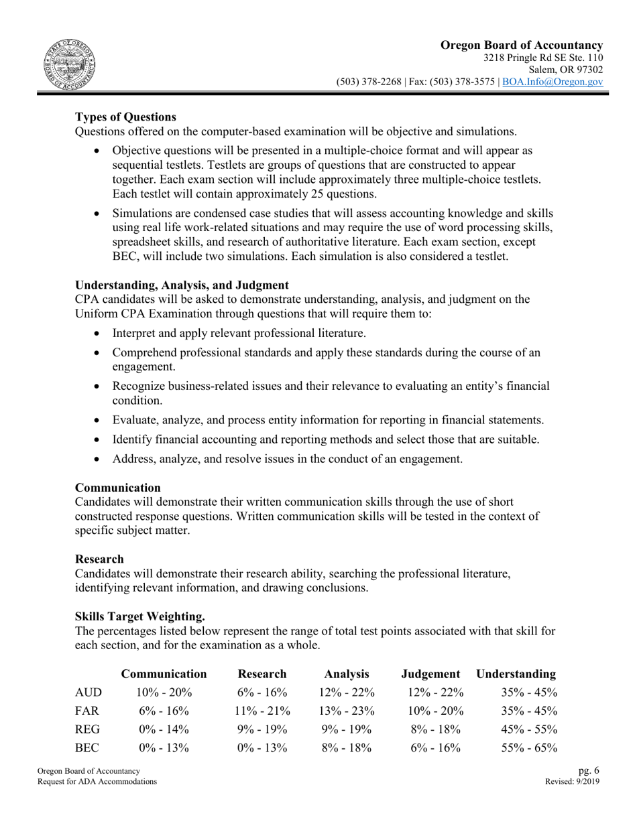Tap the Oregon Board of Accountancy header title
coord(521,45)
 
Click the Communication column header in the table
coord(164,673)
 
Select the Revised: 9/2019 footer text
coord(573,782)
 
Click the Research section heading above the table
coord(99,559)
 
